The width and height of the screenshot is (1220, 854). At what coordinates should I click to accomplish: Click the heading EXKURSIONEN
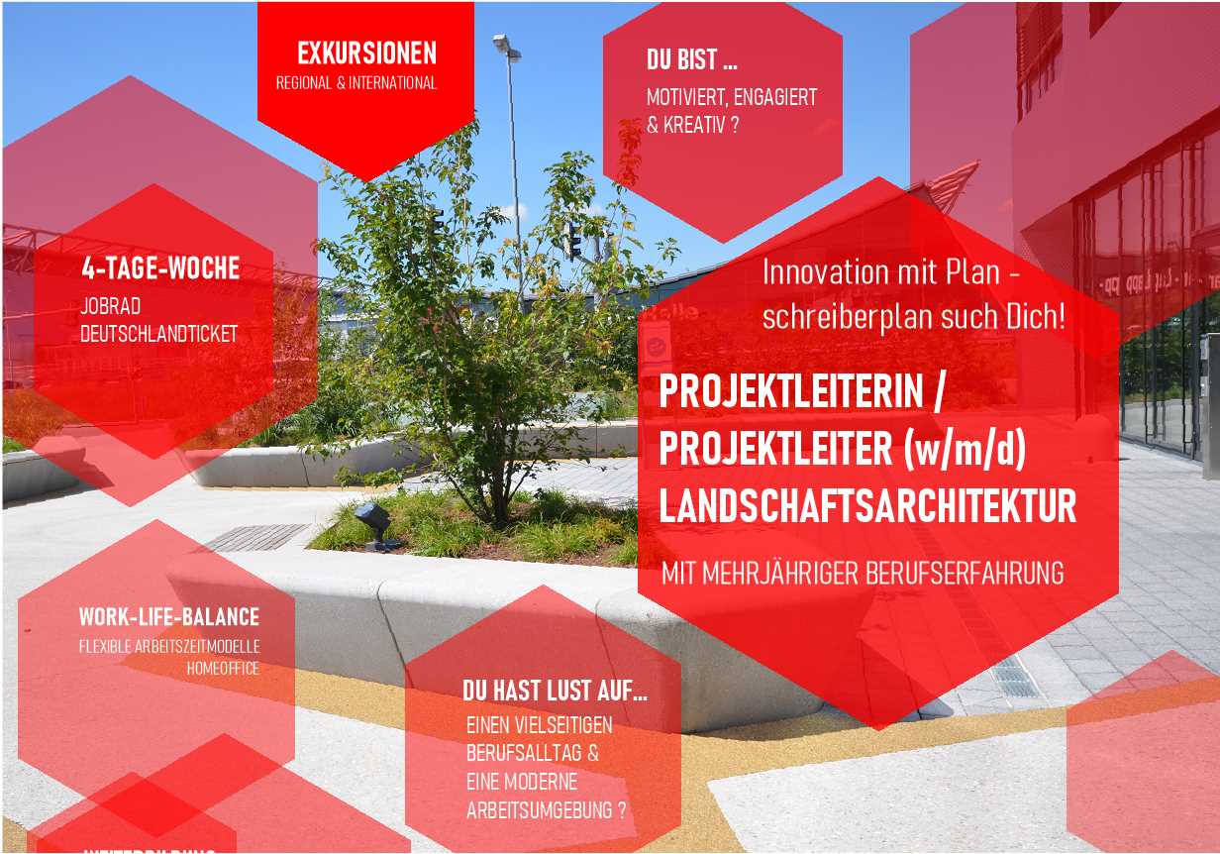(x=366, y=53)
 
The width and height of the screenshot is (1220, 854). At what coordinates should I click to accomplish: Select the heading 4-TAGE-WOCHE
(x=160, y=267)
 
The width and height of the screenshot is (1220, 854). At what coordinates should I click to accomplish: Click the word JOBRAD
(x=110, y=307)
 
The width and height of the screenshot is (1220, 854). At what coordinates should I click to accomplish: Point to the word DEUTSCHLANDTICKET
(x=158, y=334)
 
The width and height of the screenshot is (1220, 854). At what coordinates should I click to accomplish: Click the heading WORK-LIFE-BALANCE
(x=169, y=617)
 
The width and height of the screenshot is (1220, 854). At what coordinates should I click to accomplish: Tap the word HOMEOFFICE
(x=223, y=669)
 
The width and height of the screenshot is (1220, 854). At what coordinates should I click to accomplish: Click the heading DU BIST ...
(x=691, y=60)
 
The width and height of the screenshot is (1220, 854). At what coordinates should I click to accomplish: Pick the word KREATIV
(x=694, y=126)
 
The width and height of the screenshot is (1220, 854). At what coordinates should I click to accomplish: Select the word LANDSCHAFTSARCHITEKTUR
(x=867, y=506)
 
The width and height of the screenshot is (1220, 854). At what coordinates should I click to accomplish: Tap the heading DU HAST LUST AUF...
(x=554, y=692)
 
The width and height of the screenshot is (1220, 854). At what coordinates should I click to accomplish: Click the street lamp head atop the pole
(x=506, y=45)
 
